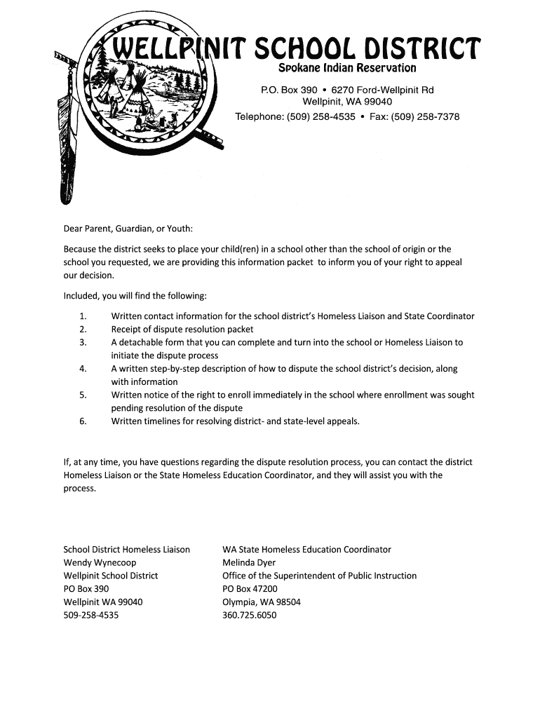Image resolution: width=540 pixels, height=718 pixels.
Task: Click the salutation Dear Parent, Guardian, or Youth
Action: pyautogui.click(x=128, y=229)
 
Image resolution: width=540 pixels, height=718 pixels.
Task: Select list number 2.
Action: pyautogui.click(x=83, y=330)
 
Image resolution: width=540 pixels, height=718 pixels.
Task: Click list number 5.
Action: pyautogui.click(x=83, y=395)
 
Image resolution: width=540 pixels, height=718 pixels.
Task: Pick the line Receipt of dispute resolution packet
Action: pyautogui.click(x=182, y=330)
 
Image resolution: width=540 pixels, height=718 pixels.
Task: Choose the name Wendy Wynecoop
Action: pyautogui.click(x=100, y=563)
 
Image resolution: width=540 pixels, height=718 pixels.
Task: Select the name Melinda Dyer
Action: pyautogui.click(x=249, y=563)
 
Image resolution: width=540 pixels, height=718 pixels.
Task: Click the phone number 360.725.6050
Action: pyautogui.click(x=249, y=616)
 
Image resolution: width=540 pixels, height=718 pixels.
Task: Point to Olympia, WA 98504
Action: pyautogui.click(x=261, y=602)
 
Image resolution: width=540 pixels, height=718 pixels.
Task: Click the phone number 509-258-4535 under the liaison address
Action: pyautogui.click(x=91, y=616)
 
